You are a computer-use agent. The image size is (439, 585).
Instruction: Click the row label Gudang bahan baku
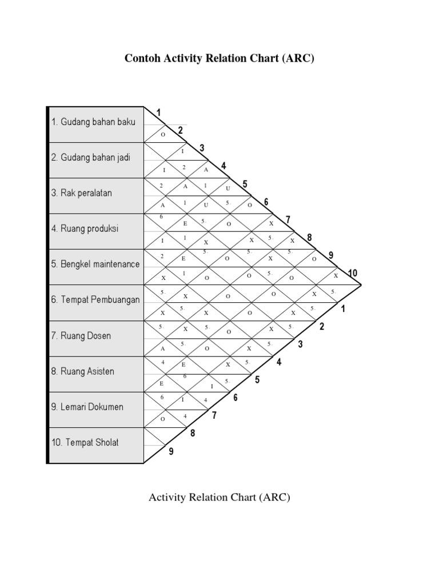pyautogui.click(x=94, y=122)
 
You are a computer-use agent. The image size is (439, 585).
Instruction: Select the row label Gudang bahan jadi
pyautogui.click(x=91, y=157)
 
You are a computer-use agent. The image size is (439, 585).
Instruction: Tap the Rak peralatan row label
pyautogui.click(x=81, y=193)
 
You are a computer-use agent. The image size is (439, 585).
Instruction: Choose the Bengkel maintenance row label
pyautogui.click(x=95, y=264)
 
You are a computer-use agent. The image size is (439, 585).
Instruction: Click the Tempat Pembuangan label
pyautogui.click(x=95, y=299)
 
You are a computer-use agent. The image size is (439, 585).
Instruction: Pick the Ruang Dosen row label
pyautogui.click(x=81, y=335)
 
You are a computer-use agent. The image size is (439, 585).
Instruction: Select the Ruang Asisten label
pyautogui.click(x=82, y=371)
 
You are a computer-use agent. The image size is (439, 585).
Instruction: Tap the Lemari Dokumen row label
pyautogui.click(x=87, y=407)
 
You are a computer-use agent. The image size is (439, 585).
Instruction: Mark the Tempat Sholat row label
pyautogui.click(x=85, y=442)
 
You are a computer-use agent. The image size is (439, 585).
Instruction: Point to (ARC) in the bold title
pyautogui.click(x=297, y=59)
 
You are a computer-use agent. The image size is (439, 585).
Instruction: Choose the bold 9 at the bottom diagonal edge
pyautogui.click(x=171, y=452)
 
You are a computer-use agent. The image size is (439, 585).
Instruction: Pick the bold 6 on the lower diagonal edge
pyautogui.click(x=235, y=398)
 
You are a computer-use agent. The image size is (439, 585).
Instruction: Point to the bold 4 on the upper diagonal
pyautogui.click(x=224, y=166)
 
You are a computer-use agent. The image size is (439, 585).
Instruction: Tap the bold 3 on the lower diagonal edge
pyautogui.click(x=301, y=344)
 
